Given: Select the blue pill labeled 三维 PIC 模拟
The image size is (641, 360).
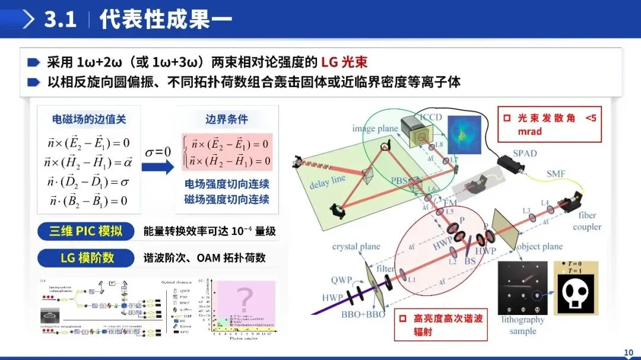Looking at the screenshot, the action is (85, 231).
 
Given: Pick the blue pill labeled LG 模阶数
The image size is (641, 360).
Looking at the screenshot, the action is (85, 258).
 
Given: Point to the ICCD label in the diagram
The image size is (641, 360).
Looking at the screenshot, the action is (431, 116).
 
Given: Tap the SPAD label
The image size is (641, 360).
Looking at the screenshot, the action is (524, 153).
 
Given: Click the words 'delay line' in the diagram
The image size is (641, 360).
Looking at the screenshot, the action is (328, 181).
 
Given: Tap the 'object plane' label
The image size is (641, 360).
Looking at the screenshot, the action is (539, 246).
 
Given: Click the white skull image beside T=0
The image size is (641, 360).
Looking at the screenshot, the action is (573, 292).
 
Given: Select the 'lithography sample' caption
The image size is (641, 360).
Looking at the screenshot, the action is (522, 325).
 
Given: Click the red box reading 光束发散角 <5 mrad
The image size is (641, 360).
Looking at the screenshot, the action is (549, 125).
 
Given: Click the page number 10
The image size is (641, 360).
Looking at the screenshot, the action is (629, 353).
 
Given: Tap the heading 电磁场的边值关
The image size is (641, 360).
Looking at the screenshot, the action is (88, 119).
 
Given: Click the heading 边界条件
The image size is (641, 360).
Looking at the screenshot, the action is (226, 119).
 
